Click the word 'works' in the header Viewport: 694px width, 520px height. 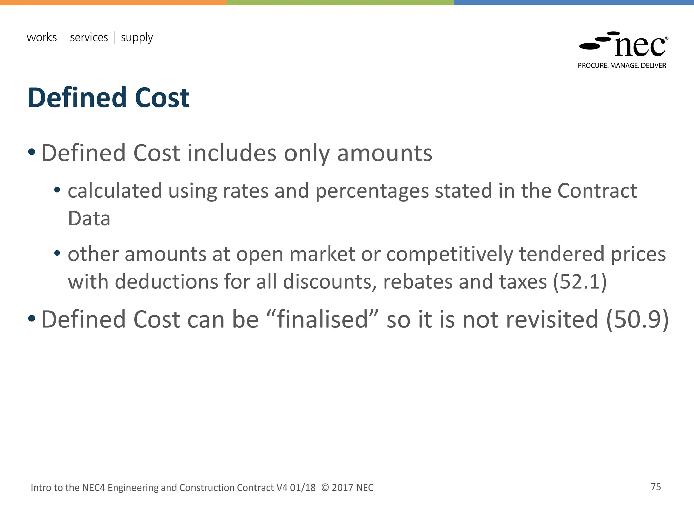[x=42, y=37]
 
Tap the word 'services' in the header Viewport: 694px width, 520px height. [x=89, y=37]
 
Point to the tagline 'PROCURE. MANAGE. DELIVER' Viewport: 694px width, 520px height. [x=622, y=66]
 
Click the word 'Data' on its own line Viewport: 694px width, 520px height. [x=89, y=219]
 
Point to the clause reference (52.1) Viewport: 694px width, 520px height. [x=579, y=282]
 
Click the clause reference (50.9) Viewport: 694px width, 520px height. [x=637, y=319]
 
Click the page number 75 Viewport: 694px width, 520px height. [x=656, y=487]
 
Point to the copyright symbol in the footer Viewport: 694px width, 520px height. [x=325, y=487]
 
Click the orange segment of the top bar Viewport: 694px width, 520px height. [x=113, y=2]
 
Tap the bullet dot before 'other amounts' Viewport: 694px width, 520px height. [x=57, y=253]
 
